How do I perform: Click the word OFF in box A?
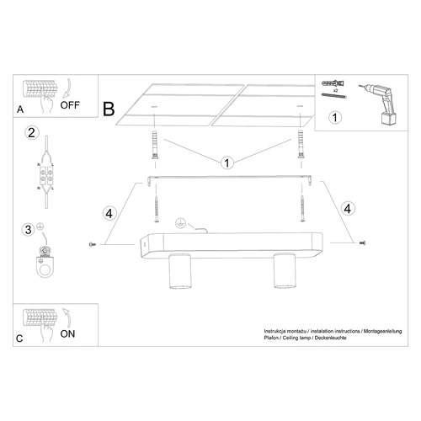tap(71, 107)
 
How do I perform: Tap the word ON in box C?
tap(67, 333)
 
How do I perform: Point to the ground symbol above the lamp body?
tap(179, 223)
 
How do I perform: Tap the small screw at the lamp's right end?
tap(363, 242)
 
